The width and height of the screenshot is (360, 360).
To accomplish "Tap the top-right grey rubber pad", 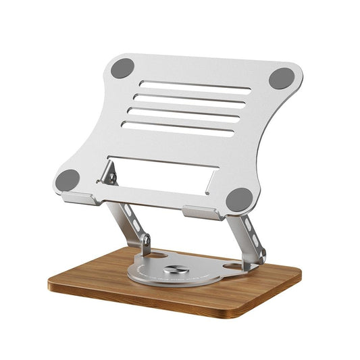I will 281,78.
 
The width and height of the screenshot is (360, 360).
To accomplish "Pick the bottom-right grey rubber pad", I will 239,199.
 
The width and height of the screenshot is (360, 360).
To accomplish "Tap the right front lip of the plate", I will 201,213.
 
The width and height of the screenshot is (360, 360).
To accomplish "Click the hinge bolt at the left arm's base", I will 144,240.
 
